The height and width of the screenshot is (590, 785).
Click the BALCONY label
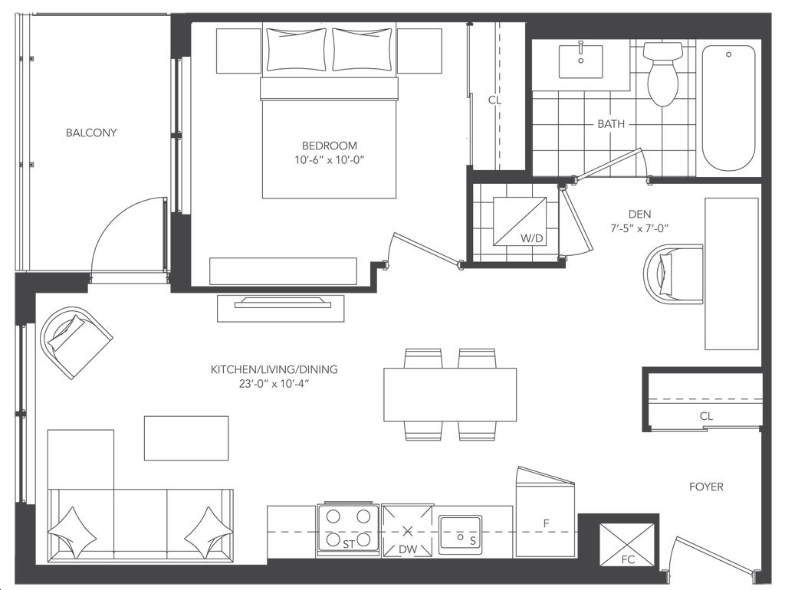(x=91, y=133)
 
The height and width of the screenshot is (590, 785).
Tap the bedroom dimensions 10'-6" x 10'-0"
(x=329, y=160)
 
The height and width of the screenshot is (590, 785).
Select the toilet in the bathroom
(x=663, y=74)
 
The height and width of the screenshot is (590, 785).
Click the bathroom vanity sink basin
(x=581, y=61)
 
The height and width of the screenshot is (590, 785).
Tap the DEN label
(x=639, y=215)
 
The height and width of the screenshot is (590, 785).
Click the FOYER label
(x=706, y=487)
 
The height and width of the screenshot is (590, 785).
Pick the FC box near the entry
(x=627, y=546)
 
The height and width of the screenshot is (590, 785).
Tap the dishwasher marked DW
(x=408, y=531)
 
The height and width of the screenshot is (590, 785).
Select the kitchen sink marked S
(x=460, y=535)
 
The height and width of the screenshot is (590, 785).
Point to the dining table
(x=450, y=395)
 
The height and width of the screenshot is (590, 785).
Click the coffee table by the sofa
(x=186, y=438)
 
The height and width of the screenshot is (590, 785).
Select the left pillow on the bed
(x=297, y=50)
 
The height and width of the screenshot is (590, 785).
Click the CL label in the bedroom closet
(x=494, y=100)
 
